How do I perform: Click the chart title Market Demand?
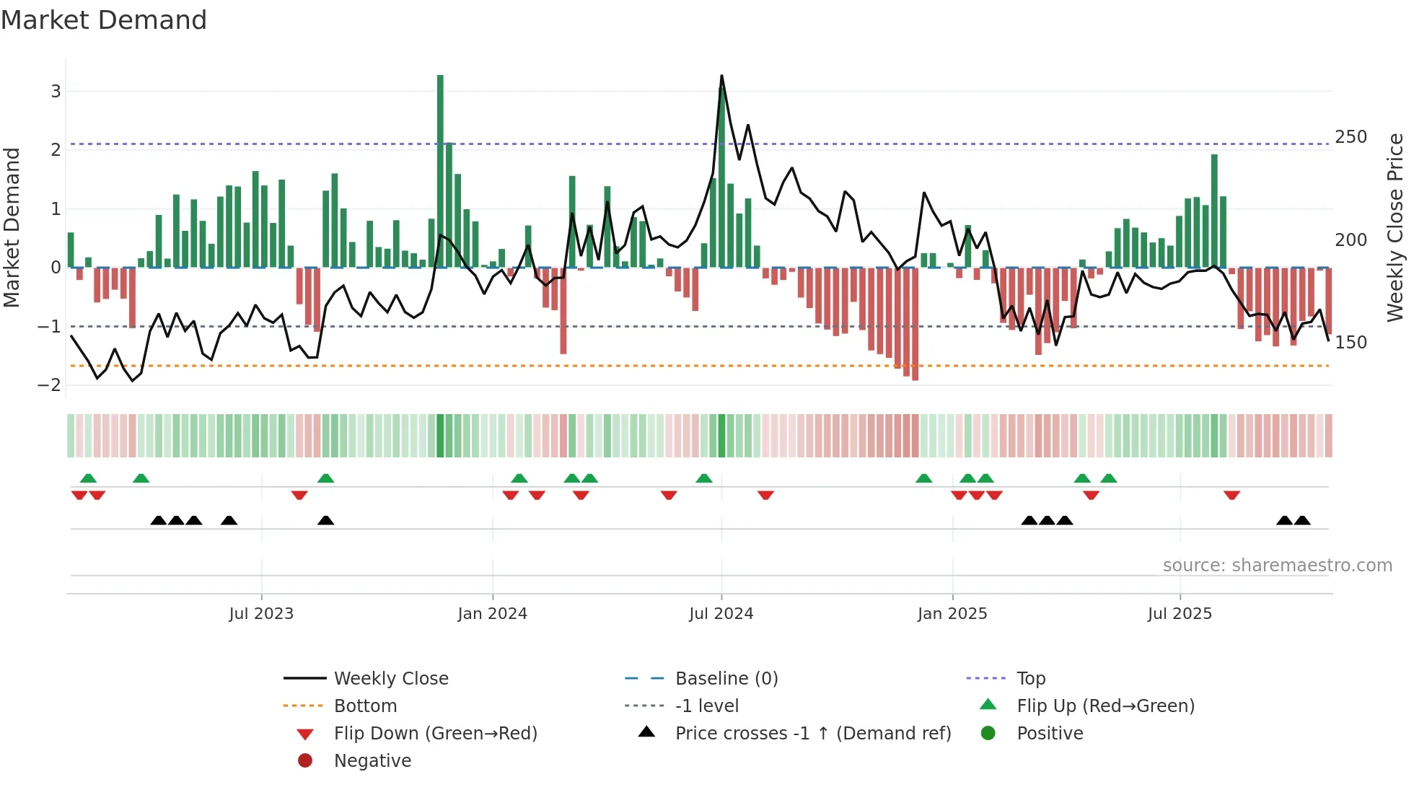point(104,20)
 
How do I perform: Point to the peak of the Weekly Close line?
point(721,76)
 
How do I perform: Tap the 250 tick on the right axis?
point(1351,137)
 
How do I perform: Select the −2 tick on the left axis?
point(50,385)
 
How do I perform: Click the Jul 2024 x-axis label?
point(721,614)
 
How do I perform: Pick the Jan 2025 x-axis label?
point(952,614)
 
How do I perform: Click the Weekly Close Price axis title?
point(1395,227)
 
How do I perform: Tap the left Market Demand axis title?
point(12,227)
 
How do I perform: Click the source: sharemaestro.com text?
point(1277,566)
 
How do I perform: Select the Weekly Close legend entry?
point(390,679)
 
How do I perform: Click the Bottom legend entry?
point(365,706)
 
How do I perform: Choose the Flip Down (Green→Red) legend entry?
point(435,734)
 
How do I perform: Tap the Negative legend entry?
point(372,761)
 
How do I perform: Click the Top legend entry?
point(1030,679)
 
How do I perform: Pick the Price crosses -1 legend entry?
point(812,734)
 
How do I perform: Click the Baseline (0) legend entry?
point(726,679)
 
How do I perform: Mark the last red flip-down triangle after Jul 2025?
point(1231,495)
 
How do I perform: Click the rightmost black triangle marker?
point(1302,520)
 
